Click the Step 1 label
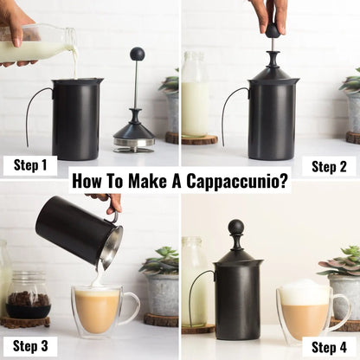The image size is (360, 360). coord(30,165)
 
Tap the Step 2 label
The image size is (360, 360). coord(330,165)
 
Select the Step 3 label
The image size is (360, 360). coord(30,345)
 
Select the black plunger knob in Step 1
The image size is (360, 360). coord(137,55)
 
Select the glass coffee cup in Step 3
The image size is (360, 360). coord(100,310)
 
